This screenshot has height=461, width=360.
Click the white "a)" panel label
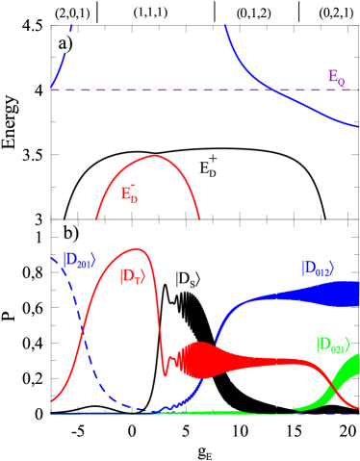coord(64,43)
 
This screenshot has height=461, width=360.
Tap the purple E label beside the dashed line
coord(335,78)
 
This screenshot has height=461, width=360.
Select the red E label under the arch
coord(128,194)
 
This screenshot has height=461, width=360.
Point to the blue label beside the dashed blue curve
coord(77,259)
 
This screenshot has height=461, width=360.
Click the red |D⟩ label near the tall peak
coord(132,276)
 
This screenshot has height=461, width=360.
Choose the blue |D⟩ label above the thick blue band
coord(317,269)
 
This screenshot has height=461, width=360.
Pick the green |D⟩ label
coord(331,344)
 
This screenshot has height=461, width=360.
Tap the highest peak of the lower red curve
coord(137,248)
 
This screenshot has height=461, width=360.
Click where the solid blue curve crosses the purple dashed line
coord(272,90)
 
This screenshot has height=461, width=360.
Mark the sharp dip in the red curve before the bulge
coord(166,373)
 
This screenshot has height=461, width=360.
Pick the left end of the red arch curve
coord(97,218)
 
